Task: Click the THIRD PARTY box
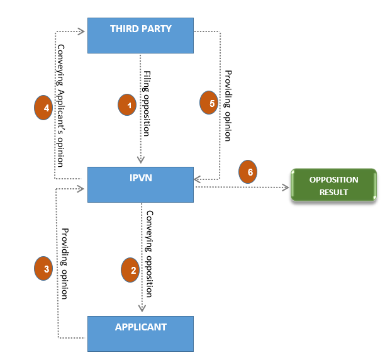pos(140,35)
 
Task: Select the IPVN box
pos(140,184)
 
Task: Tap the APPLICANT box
pos(140,333)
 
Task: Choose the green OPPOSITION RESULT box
pos(333,185)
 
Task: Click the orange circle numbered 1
pos(128,105)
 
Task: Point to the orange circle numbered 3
pos(43,269)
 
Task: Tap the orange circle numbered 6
pos(248,172)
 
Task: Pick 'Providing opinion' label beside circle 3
pos(64,262)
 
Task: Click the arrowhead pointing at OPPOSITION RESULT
pos(286,187)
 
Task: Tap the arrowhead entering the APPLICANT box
pos(142,308)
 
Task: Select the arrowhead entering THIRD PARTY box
pos(82,30)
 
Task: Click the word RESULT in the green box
pos(333,192)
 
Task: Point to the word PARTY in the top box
pos(158,29)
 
